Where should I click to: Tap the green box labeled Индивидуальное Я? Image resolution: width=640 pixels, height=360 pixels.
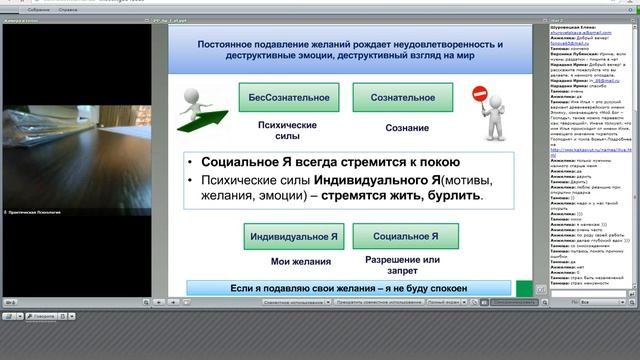(295, 236)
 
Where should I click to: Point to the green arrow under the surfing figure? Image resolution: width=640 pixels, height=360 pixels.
(204, 124)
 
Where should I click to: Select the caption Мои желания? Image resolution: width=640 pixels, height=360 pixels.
(295, 262)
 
